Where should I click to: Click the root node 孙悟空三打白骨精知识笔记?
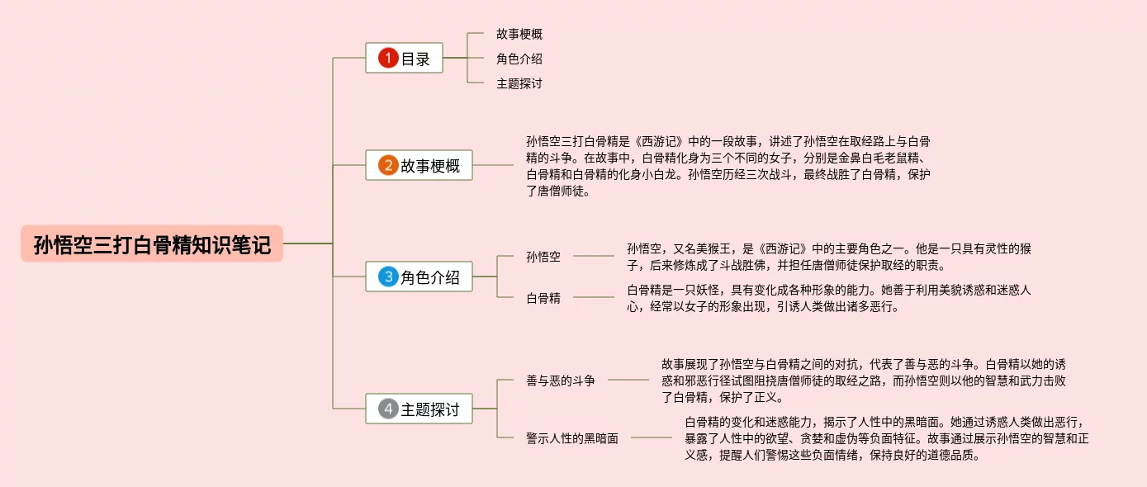point(152,244)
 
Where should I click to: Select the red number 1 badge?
point(388,59)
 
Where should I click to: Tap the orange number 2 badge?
point(388,165)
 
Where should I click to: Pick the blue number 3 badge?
point(388,277)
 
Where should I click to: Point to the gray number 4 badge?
point(388,409)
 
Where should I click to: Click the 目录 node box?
point(405,59)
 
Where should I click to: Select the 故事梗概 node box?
point(419,165)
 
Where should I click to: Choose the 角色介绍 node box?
point(419,277)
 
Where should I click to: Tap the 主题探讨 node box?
point(419,409)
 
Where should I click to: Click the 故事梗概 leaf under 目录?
point(519,35)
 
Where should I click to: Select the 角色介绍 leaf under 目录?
point(519,59)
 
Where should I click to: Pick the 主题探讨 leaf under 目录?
point(519,83)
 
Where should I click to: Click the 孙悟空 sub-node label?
point(543,257)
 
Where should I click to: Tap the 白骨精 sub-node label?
point(543,298)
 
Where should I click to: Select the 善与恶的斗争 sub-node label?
point(561,381)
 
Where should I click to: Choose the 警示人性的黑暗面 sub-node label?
point(572,438)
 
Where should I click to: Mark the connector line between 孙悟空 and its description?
point(593,257)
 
